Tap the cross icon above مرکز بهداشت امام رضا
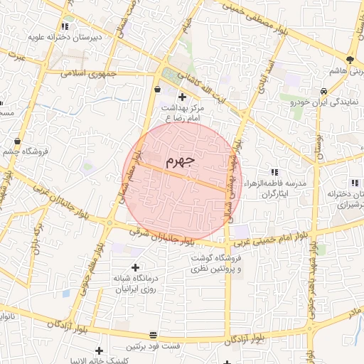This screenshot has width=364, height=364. pyautogui.click(x=182, y=97)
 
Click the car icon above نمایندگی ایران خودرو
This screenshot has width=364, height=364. pyautogui.click(x=323, y=91)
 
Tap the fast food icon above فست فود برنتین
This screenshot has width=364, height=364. pyautogui.click(x=154, y=335)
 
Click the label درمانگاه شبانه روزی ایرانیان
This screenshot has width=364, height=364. pyautogui.click(x=134, y=284)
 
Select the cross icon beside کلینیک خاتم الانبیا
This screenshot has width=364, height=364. pyautogui.click(x=100, y=350)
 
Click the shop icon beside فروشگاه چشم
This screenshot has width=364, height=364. pyautogui.click(x=17, y=141)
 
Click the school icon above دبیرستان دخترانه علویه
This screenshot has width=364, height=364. pyautogui.click(x=65, y=26)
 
